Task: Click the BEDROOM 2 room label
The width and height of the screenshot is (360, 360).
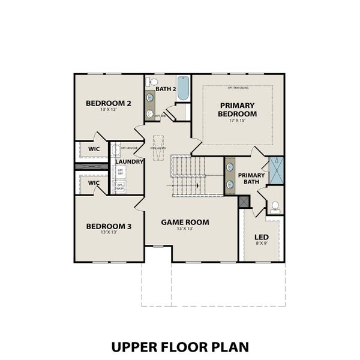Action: tap(109, 103)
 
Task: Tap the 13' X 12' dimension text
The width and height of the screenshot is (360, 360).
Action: tap(109, 110)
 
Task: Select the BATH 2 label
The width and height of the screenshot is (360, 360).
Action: tap(166, 89)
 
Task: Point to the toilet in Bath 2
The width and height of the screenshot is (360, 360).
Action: tap(152, 82)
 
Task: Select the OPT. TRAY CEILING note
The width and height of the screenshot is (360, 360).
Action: tap(238, 88)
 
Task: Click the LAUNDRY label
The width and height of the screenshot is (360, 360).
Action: tap(129, 162)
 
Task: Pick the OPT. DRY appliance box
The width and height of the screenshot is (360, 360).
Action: tap(120, 172)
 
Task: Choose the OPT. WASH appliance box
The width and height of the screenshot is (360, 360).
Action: tap(120, 187)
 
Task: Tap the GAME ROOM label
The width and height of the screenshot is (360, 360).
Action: tap(185, 222)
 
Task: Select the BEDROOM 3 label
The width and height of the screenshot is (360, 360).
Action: tap(109, 226)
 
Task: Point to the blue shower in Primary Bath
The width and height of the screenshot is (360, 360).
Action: tap(277, 169)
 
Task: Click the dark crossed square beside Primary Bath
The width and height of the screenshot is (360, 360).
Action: tap(244, 202)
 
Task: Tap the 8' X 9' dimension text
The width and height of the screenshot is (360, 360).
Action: tap(262, 244)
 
